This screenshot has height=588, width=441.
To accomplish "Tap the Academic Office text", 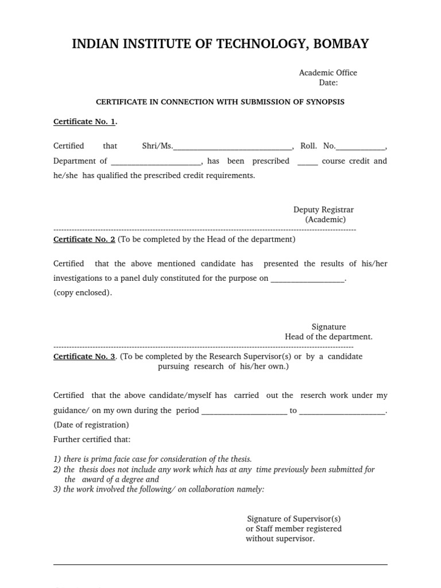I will click(328, 72).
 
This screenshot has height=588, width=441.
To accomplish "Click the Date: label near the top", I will click(328, 83).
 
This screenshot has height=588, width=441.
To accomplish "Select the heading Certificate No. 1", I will click(84, 122).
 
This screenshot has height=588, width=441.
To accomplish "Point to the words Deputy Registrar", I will click(324, 210).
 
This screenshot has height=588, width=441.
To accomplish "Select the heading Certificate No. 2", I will click(84, 239).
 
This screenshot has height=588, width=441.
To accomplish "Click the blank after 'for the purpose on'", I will click(307, 279).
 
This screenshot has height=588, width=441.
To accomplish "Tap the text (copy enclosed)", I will click(83, 292).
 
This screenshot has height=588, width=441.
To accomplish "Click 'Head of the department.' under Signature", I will click(328, 336).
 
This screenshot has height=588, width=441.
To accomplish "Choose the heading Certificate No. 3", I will click(84, 356).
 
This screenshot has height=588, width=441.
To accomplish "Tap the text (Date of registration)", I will click(91, 425).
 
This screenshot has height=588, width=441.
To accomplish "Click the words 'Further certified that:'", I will click(92, 439).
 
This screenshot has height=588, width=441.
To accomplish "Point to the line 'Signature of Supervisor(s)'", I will click(294, 519).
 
